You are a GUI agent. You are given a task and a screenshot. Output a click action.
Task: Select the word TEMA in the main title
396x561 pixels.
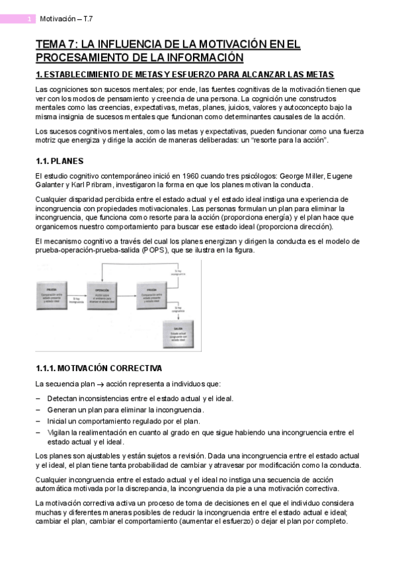pos(52,44)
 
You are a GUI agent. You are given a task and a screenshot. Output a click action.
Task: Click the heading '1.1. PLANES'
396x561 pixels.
pos(59,161)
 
